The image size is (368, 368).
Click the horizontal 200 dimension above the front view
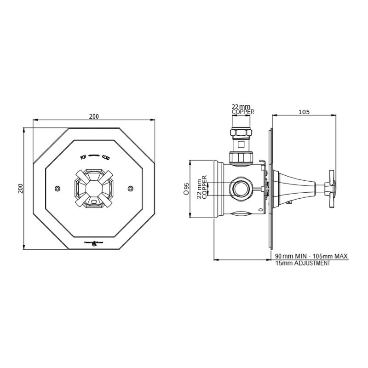coord(94,116)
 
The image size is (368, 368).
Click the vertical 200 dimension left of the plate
coord(20,189)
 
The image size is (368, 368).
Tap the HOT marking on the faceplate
coord(83,157)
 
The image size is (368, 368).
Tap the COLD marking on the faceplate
coord(106,157)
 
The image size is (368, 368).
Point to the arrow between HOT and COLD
coord(94,156)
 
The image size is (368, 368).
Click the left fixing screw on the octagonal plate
coord(57,189)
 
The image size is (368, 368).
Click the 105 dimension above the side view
coord(304,112)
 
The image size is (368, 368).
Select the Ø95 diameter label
coord(186,189)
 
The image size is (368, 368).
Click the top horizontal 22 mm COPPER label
coord(242,109)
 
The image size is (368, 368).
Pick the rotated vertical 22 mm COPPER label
coord(202,187)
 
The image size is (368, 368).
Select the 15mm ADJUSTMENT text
coord(302,264)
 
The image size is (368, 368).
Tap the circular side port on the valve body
coord(240,188)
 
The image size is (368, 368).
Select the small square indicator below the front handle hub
coord(94,201)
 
